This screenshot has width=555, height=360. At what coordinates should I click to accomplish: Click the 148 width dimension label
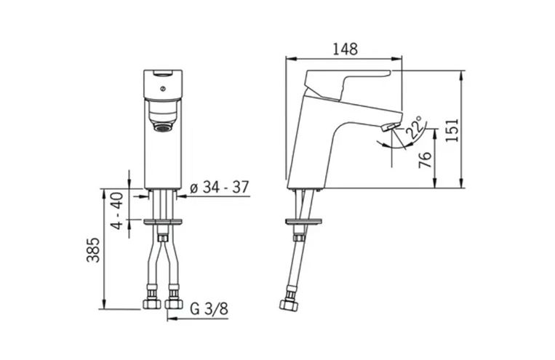(x=345, y=49)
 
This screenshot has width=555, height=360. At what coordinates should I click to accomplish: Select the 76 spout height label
(x=425, y=160)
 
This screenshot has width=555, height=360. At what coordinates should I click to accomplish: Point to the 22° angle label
(x=415, y=127)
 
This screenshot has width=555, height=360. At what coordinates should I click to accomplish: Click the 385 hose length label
(x=93, y=250)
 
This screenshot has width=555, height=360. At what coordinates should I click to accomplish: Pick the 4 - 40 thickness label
(x=119, y=211)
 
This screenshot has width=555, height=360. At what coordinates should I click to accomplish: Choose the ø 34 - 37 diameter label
(x=220, y=187)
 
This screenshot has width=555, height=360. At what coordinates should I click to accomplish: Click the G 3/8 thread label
(x=209, y=308)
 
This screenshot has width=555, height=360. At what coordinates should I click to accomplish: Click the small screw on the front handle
(x=162, y=89)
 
